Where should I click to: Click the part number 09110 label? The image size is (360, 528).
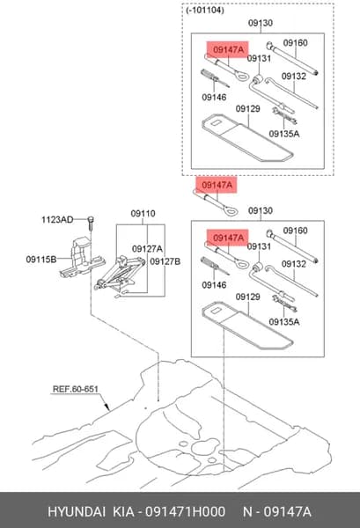143,214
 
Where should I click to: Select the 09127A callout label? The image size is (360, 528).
147,249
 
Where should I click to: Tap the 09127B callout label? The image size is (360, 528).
165,261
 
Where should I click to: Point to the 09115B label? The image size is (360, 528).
41,260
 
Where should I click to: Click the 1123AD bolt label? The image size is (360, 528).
57,220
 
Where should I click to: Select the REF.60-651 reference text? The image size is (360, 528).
76,389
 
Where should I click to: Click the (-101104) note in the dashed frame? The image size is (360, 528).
205,11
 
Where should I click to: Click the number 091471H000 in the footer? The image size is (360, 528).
185,512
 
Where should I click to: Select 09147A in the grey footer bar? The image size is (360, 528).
287,512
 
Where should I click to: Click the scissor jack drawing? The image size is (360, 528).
120,274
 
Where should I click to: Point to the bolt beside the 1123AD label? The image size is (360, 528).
91,224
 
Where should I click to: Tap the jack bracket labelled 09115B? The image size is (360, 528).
82,258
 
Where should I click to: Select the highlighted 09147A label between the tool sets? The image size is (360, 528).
217,185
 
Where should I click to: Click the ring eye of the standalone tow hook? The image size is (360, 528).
230,211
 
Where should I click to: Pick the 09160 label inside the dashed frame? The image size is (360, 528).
296,43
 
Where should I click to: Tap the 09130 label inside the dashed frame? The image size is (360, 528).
261,23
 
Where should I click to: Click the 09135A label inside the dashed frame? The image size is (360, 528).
284,134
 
